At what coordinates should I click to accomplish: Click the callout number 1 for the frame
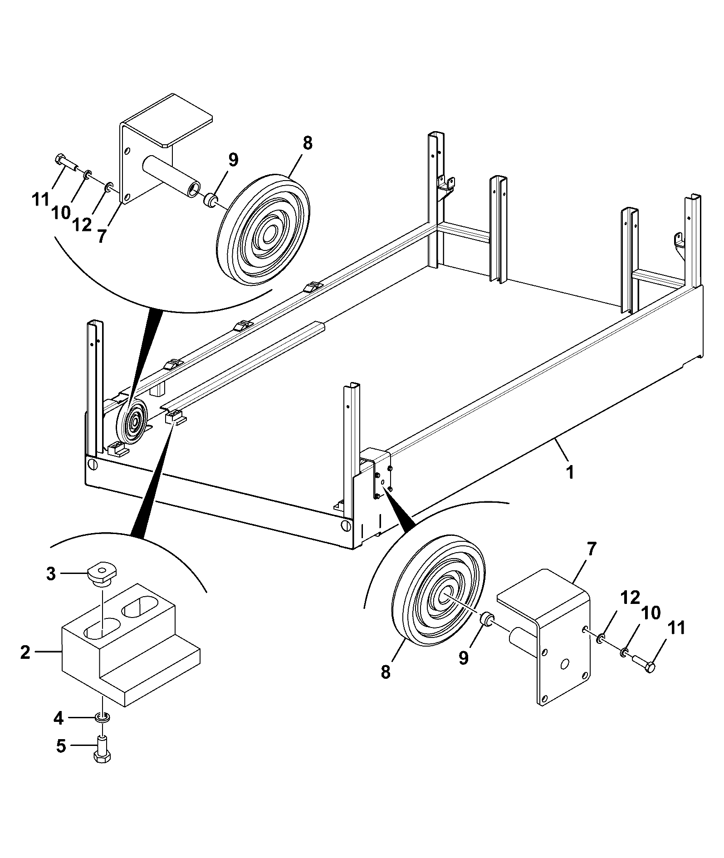(x=570, y=472)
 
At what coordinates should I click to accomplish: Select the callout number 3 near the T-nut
(x=51, y=574)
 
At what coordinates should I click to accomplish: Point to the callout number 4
(x=59, y=718)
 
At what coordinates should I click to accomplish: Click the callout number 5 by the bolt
(x=61, y=746)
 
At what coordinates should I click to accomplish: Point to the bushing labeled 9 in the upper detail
(x=211, y=200)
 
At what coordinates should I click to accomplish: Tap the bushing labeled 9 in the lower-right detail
(x=487, y=618)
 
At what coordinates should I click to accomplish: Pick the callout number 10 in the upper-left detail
(x=61, y=212)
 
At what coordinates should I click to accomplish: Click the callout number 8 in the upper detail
(x=307, y=143)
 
